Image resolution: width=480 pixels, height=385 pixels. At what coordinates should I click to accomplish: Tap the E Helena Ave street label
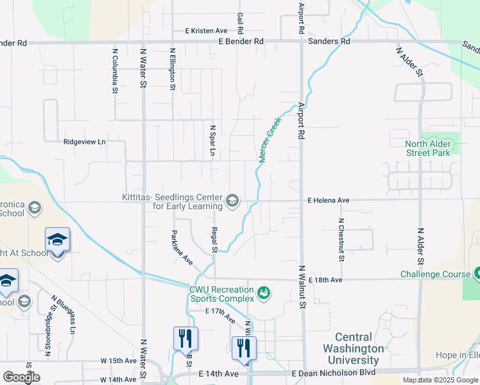[x=329, y=200]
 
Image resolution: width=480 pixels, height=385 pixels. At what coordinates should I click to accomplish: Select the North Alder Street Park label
[x=428, y=148]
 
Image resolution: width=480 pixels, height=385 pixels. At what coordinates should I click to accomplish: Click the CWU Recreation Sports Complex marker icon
[x=262, y=294]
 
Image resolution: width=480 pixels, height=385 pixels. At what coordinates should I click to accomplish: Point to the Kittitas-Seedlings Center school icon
[x=232, y=201]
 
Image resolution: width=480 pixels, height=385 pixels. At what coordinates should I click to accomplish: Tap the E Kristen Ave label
[x=206, y=31]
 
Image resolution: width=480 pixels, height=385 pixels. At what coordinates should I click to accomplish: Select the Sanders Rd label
[x=329, y=41]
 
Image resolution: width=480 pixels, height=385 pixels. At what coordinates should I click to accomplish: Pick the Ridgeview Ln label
[x=84, y=142]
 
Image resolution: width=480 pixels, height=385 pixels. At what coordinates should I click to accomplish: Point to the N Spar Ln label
[x=212, y=140]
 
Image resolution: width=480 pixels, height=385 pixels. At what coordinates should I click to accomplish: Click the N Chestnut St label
[x=341, y=241]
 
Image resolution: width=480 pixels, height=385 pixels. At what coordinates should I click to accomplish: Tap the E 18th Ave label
[x=325, y=280]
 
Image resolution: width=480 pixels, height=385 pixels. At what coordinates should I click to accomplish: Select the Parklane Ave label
[x=182, y=247]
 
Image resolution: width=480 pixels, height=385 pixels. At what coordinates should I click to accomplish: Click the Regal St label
[x=216, y=240]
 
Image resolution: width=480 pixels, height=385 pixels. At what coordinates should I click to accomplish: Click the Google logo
[x=21, y=377]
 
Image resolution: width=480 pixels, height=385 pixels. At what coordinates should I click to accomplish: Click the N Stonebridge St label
[x=47, y=335]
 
